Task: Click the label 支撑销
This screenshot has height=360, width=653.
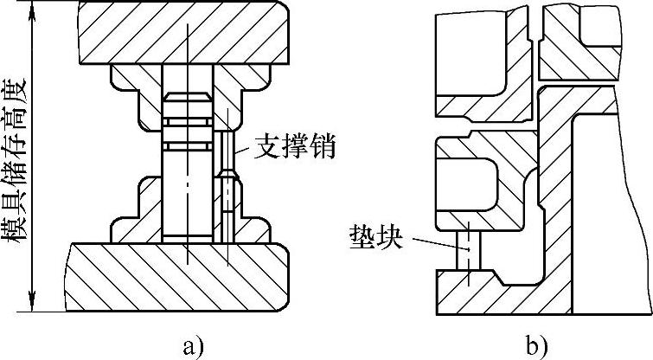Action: pyautogui.click(x=294, y=146)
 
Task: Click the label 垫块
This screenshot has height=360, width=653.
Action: pyautogui.click(x=376, y=237)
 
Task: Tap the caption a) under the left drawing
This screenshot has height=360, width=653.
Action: pyautogui.click(x=193, y=345)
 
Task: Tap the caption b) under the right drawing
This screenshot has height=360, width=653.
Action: pyautogui.click(x=536, y=345)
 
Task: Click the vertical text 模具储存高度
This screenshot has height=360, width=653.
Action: pyautogui.click(x=16, y=164)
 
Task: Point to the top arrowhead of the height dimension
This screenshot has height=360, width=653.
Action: pyautogui.click(x=32, y=11)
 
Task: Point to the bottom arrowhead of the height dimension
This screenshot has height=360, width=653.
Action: pyautogui.click(x=32, y=301)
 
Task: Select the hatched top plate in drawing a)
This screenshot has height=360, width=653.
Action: pyautogui.click(x=184, y=33)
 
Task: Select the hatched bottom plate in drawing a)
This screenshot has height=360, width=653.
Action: pyautogui.click(x=177, y=277)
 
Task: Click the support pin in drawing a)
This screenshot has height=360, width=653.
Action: pyautogui.click(x=227, y=187)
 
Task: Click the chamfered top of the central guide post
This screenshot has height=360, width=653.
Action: pyautogui.click(x=188, y=97)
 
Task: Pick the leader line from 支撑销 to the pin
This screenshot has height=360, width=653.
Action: pyautogui.click(x=245, y=150)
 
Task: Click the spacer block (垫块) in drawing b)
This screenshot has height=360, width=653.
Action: pyautogui.click(x=469, y=250)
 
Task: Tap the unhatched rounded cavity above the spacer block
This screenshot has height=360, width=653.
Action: pyautogui.click(x=467, y=183)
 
